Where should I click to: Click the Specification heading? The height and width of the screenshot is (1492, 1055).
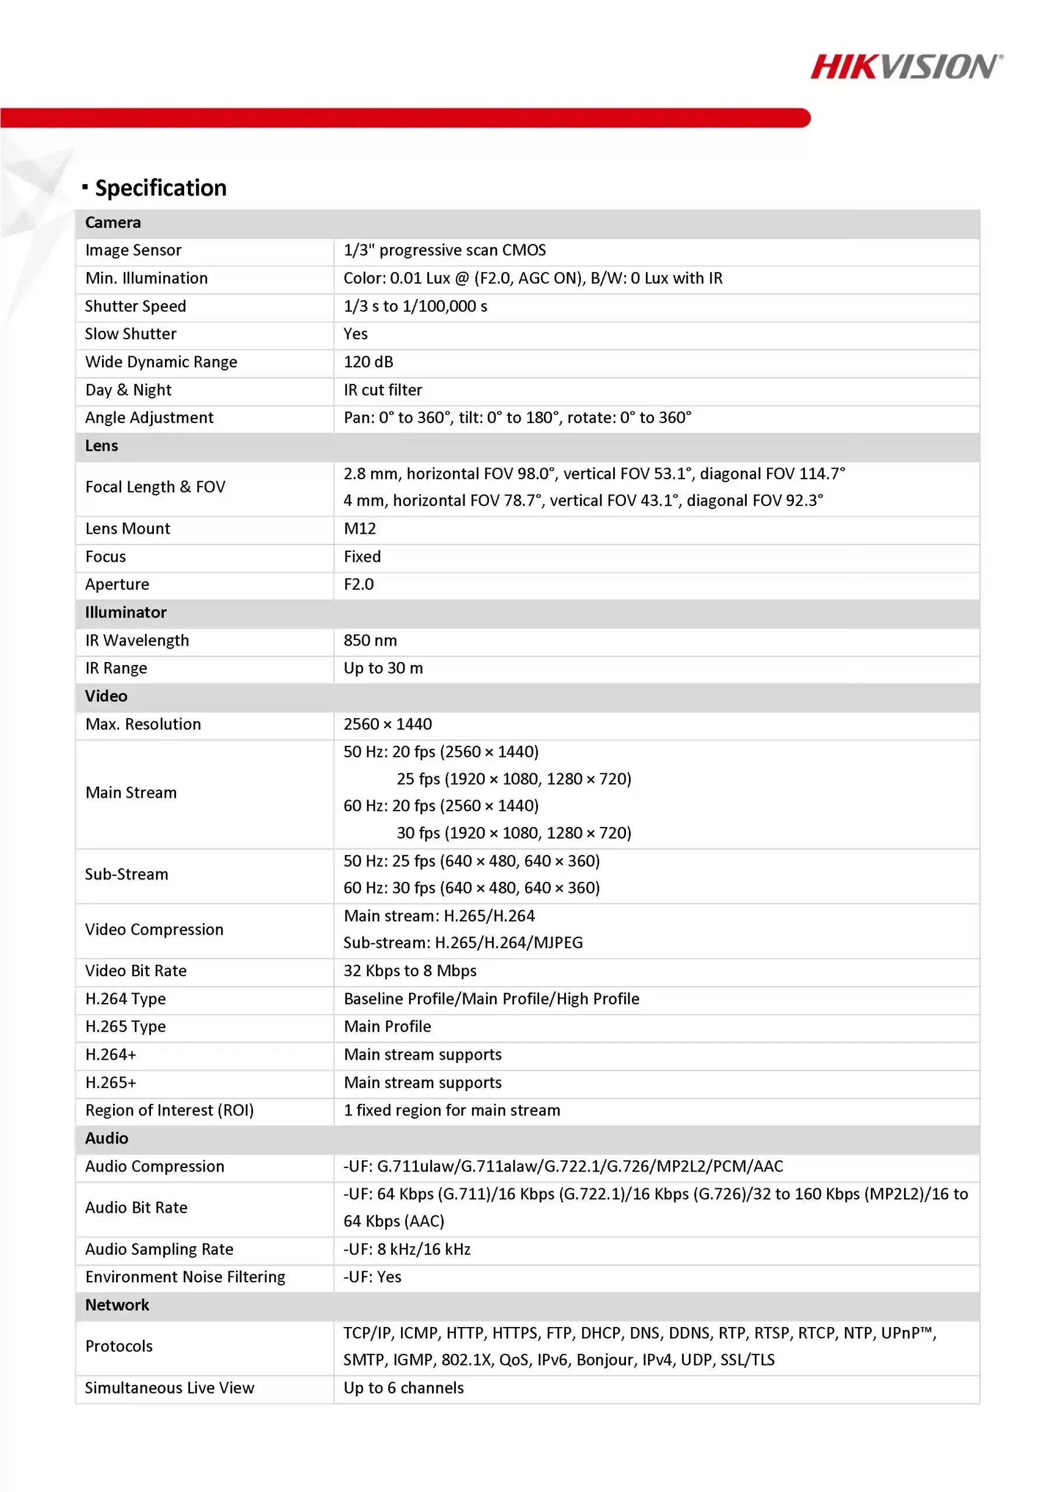[160, 188]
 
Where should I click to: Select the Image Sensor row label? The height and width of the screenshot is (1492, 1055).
[133, 251]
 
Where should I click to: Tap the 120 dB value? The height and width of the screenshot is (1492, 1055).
[368, 362]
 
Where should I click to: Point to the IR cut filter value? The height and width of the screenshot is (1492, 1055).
[383, 390]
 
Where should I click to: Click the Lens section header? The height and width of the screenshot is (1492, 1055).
[102, 446]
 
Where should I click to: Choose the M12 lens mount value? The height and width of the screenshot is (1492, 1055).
[360, 528]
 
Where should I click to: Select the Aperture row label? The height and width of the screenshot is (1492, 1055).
[117, 584]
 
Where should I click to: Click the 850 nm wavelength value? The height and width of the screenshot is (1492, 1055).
[370, 640]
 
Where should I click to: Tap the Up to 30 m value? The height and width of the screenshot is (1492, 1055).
[383, 668]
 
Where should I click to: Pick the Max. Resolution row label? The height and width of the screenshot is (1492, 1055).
[143, 724]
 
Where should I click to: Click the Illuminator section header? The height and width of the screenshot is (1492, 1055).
[125, 612]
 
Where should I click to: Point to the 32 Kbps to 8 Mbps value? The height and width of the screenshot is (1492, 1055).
[410, 970]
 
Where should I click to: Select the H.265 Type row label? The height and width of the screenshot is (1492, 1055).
[125, 1026]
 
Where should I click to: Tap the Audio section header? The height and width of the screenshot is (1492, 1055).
[107, 1138]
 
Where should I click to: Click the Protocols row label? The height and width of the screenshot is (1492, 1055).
[119, 1346]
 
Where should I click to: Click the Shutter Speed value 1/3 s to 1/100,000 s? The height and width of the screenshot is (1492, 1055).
[416, 306]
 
